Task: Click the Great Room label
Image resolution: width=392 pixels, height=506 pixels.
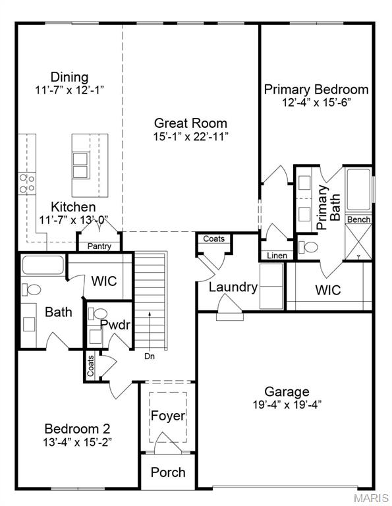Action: click(x=190, y=123)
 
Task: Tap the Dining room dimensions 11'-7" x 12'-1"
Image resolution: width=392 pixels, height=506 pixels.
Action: click(x=70, y=89)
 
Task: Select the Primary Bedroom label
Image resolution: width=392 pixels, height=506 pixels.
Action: click(x=316, y=90)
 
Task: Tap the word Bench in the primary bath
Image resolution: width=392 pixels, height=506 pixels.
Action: click(x=358, y=219)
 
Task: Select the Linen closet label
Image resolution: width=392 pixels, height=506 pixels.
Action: click(x=275, y=256)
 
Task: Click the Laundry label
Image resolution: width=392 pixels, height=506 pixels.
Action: click(x=233, y=287)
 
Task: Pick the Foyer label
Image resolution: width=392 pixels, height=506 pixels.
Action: click(x=168, y=416)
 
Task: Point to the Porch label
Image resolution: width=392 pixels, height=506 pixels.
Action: click(x=168, y=472)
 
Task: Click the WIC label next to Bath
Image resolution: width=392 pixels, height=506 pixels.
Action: click(x=103, y=281)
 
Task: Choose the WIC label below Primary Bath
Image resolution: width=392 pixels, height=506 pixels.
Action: click(x=327, y=289)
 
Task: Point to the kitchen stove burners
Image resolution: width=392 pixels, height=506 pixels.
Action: click(x=27, y=183)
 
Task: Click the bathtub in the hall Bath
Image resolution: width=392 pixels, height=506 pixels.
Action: click(x=43, y=266)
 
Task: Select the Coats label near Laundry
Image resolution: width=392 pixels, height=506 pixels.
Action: click(x=213, y=239)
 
